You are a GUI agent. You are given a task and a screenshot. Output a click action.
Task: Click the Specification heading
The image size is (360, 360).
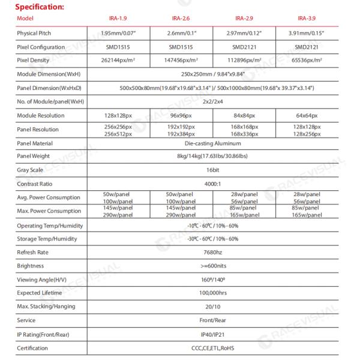[40, 7]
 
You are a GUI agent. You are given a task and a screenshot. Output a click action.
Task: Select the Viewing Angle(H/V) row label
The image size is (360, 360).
[43, 280]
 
